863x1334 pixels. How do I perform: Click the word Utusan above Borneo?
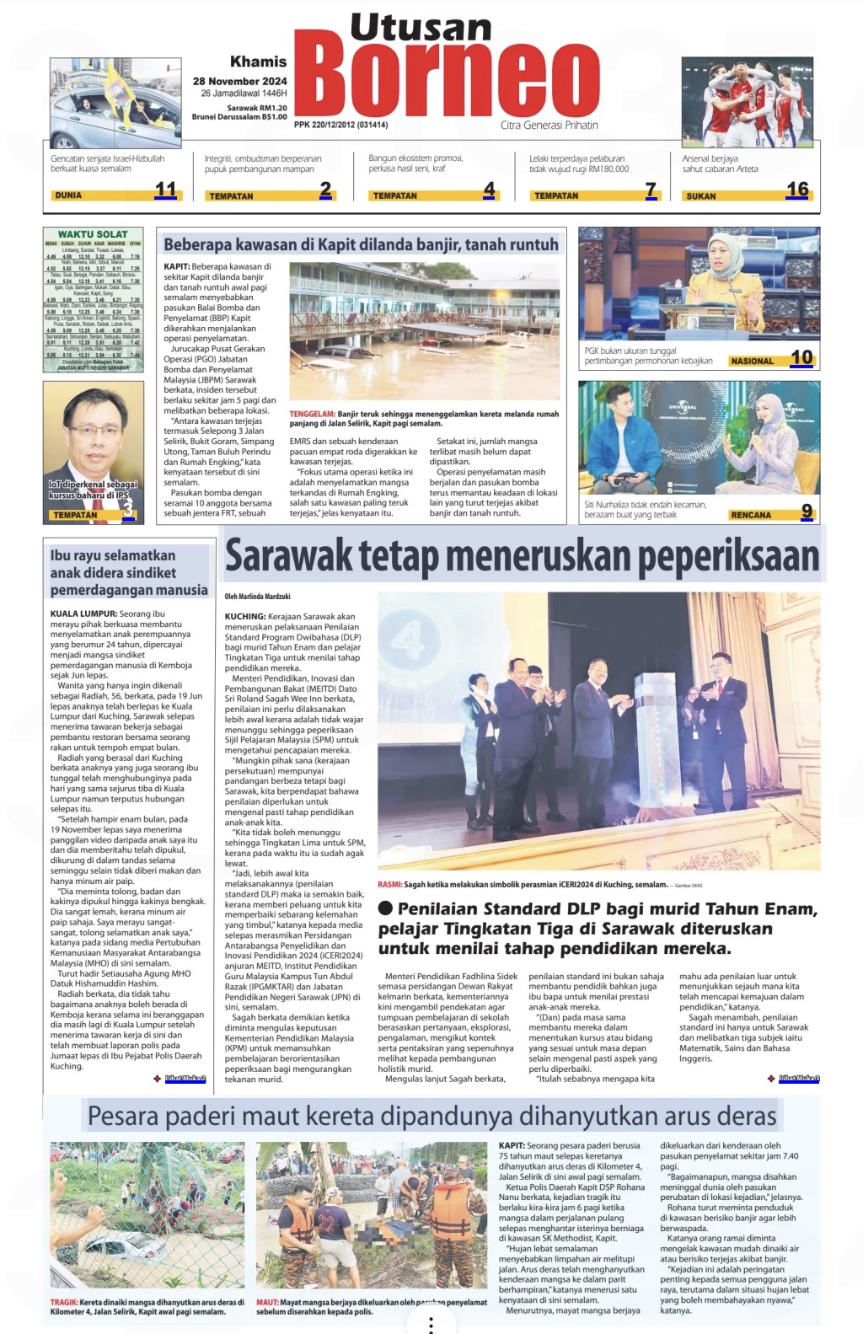pyautogui.click(x=421, y=28)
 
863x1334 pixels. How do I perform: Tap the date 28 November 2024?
pyautogui.click(x=239, y=81)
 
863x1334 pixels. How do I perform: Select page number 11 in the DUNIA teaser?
pyautogui.click(x=166, y=190)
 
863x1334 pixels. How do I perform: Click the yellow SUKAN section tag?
pyautogui.click(x=701, y=196)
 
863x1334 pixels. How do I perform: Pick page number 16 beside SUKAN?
pyautogui.click(x=797, y=190)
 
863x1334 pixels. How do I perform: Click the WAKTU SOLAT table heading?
pyautogui.click(x=93, y=234)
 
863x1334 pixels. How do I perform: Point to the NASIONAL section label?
pyautogui.click(x=752, y=361)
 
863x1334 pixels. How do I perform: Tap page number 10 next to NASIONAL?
pyautogui.click(x=801, y=357)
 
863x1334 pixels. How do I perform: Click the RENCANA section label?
pyautogui.click(x=751, y=514)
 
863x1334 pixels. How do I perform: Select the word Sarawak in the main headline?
pyautogui.click(x=289, y=556)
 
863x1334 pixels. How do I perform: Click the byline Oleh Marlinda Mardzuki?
pyautogui.click(x=257, y=597)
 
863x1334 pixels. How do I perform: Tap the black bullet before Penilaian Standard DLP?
pyautogui.click(x=386, y=908)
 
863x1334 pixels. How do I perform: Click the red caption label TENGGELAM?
pyautogui.click(x=312, y=414)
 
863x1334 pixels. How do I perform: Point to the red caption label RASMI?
pyautogui.click(x=389, y=885)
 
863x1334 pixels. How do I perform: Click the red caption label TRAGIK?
pyautogui.click(x=64, y=1302)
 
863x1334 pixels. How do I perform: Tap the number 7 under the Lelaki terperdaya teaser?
pyautogui.click(x=650, y=190)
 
